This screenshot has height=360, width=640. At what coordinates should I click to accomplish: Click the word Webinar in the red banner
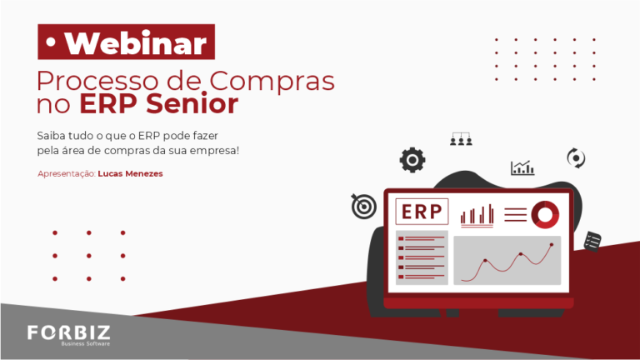[x=136, y=42]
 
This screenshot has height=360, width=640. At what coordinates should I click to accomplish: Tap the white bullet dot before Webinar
[x=51, y=42]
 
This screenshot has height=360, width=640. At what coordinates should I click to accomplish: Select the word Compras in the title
[x=272, y=81]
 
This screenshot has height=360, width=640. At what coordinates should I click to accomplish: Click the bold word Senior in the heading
[x=192, y=103]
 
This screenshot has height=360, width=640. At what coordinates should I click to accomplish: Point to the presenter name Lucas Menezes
[x=130, y=173]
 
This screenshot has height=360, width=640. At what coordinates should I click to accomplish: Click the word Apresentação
[x=67, y=174]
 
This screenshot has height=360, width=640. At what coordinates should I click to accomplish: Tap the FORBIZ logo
[x=69, y=333]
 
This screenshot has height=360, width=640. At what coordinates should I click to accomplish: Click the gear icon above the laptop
[x=412, y=160]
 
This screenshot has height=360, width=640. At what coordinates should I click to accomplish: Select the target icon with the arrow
[x=363, y=206]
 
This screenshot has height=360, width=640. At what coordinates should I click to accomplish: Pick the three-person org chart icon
[x=461, y=139]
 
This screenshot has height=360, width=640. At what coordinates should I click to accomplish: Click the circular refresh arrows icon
[x=576, y=158]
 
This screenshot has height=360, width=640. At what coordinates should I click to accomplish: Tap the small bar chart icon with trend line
[x=522, y=167]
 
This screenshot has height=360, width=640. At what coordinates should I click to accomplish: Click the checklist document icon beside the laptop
[x=592, y=241]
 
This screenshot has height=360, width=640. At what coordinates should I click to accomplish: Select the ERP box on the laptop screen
[x=422, y=212]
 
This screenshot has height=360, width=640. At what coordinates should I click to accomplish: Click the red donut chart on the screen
[x=545, y=215]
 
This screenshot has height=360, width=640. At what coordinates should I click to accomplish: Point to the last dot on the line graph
[x=552, y=245]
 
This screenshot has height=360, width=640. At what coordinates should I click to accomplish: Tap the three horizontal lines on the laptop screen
[x=516, y=215]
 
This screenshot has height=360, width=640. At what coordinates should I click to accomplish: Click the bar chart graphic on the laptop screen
[x=477, y=215]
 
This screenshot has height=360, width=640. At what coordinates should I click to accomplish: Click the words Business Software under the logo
[x=86, y=343]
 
